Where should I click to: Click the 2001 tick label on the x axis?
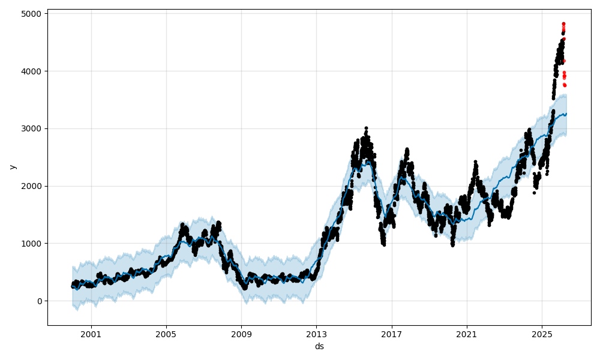point(91,334)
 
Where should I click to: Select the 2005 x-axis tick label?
point(166,334)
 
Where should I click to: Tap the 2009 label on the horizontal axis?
point(241,334)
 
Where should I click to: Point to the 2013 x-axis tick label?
point(316,334)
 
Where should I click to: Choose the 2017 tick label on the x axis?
point(391,334)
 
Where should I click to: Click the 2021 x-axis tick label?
point(466,334)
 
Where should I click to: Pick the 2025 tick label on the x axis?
point(541,334)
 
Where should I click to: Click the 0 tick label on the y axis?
point(39,301)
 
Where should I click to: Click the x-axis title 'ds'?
point(319,346)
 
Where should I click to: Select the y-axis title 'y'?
point(12,167)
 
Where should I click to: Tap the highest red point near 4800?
point(563,23)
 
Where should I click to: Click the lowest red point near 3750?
point(565,85)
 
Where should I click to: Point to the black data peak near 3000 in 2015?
point(366,128)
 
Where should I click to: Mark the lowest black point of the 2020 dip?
point(452,245)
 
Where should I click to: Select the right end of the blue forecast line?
point(566,113)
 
